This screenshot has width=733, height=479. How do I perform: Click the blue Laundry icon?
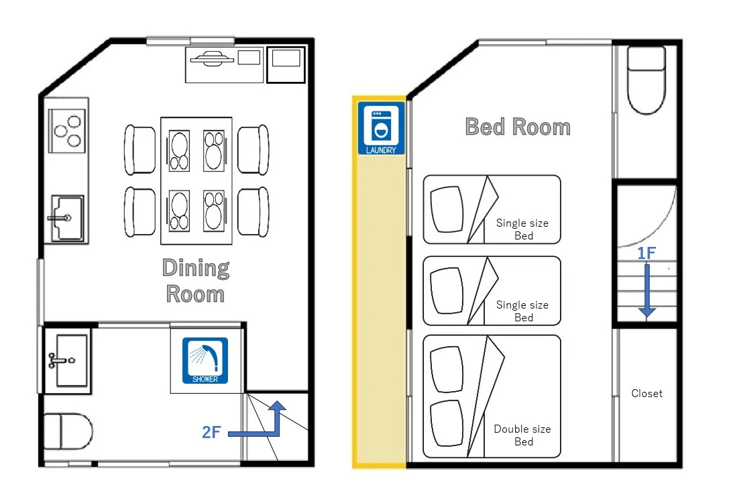pyautogui.click(x=381, y=128)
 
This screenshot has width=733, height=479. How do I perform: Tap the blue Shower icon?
pyautogui.click(x=205, y=361)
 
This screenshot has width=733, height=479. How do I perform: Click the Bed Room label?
pyautogui.click(x=518, y=127)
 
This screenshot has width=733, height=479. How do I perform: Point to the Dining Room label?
pyautogui.click(x=196, y=280)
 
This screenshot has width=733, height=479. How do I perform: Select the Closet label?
pyautogui.click(x=646, y=393)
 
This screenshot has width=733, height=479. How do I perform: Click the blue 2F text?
pyautogui.click(x=211, y=432)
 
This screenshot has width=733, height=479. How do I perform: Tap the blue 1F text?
pyautogui.click(x=646, y=254)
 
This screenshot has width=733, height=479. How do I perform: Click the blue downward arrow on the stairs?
pyautogui.click(x=647, y=290)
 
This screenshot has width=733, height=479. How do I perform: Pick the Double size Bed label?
pyautogui.click(x=522, y=435)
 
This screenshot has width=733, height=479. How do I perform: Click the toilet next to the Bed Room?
pyautogui.click(x=646, y=80)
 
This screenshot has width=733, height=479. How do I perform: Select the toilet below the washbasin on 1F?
pyautogui.click(x=67, y=431)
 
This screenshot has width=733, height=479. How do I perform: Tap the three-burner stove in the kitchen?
pyautogui.click(x=67, y=131)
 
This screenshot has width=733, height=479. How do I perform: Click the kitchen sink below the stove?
pyautogui.click(x=67, y=218)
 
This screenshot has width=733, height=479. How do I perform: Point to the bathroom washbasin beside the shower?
pyautogui.click(x=68, y=360)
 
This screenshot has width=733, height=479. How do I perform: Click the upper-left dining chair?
pyautogui.click(x=139, y=150)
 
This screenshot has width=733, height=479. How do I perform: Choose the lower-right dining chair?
pyautogui.click(x=253, y=211)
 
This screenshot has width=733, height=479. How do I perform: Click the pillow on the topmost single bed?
pyautogui.click(x=447, y=209)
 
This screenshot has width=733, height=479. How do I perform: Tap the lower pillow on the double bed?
pyautogui.click(x=447, y=424)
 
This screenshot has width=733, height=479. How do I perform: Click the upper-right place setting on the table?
pyautogui.click(x=214, y=151)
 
